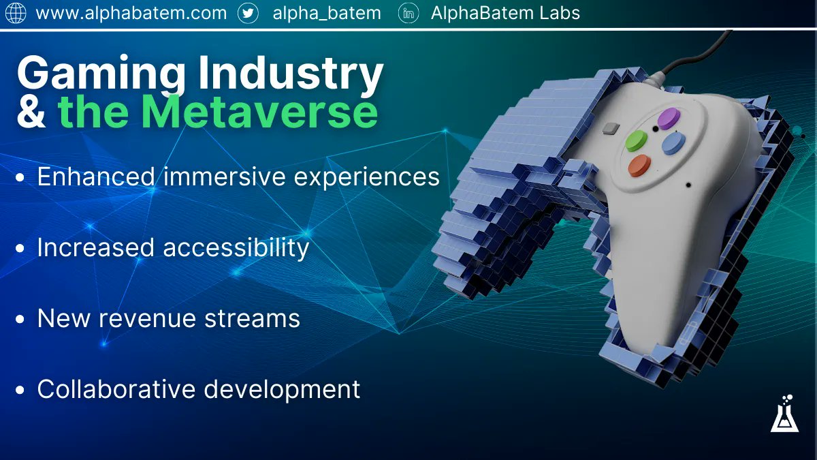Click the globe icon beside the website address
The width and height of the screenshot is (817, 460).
[x=15, y=13]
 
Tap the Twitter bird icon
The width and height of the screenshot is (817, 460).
[x=248, y=13]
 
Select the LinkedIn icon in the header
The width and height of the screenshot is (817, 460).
[x=408, y=13]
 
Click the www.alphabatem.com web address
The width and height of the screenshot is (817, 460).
[x=131, y=13]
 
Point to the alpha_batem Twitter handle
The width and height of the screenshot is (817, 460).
[x=326, y=13]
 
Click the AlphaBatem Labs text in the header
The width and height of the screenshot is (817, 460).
[x=505, y=13]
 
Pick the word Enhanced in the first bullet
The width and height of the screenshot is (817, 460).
[x=96, y=177]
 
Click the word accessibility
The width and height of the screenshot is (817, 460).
[x=236, y=247]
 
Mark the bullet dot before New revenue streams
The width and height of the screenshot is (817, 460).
[x=21, y=319]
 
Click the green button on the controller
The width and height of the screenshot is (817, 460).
[x=636, y=142]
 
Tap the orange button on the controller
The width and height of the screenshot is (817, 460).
[x=639, y=166]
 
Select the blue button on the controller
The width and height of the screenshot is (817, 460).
[x=673, y=142]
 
